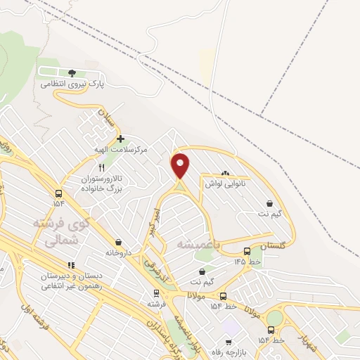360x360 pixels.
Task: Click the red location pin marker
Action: coord(181,165)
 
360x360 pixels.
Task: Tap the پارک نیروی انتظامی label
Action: coord(72,84)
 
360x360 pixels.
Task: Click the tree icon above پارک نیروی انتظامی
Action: coord(72,72)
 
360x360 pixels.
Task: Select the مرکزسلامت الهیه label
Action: coord(120,149)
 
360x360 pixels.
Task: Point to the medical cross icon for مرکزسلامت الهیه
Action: coord(120,139)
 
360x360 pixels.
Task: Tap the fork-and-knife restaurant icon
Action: coord(101,167)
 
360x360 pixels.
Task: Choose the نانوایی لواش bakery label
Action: coord(224,183)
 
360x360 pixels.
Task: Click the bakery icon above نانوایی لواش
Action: coord(225,172)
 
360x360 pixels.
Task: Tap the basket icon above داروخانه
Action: coord(117,241)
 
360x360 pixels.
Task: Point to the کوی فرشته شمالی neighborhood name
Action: coord(61,232)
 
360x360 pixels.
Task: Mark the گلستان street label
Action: coord(274,246)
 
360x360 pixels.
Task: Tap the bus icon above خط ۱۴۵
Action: coord(247,250)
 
